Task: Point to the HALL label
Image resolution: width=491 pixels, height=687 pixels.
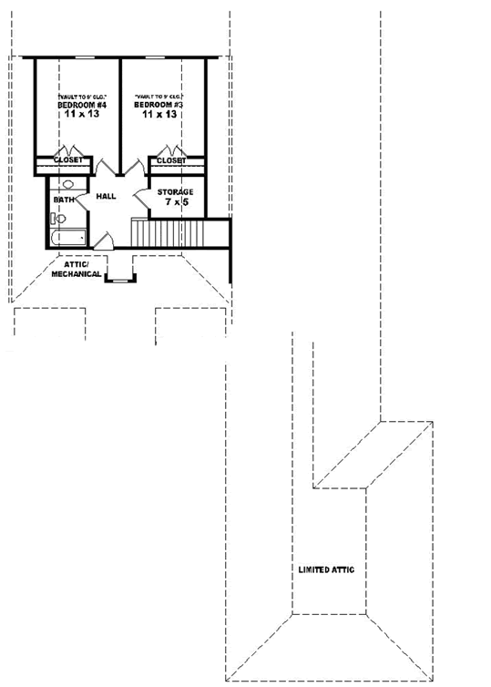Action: pyautogui.click(x=107, y=196)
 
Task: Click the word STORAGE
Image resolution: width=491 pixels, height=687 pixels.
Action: pyautogui.click(x=174, y=192)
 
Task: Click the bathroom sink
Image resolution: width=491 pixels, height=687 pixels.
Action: pyautogui.click(x=67, y=184)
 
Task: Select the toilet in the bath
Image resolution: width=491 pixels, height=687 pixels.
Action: pyautogui.click(x=57, y=219)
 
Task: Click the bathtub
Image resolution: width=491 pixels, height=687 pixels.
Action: pyautogui.click(x=67, y=238)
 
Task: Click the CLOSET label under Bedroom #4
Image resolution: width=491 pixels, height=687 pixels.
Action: pyautogui.click(x=68, y=160)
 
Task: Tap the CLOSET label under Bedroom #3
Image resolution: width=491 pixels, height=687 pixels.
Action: pyautogui.click(x=170, y=160)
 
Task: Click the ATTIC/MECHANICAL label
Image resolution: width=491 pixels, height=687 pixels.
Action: pyautogui.click(x=76, y=269)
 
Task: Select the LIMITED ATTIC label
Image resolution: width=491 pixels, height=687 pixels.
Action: pyautogui.click(x=325, y=569)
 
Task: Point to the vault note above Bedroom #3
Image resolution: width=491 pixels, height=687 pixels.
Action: pyautogui.click(x=160, y=96)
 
